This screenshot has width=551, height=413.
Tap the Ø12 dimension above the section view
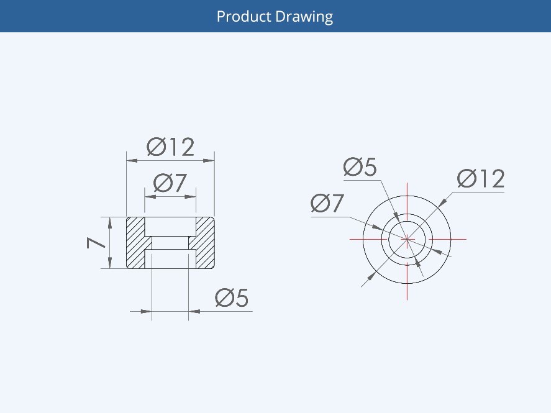coord(171,147)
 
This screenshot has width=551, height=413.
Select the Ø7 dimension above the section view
coord(170,183)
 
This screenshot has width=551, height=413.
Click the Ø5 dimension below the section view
coord(232,299)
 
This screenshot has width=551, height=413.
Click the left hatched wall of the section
coord(135,243)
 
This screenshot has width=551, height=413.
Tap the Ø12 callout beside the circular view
coord(481,179)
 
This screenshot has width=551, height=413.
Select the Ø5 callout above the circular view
coord(360,167)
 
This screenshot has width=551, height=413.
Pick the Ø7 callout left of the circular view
coord(328,203)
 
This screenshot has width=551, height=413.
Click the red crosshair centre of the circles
coord(407,238)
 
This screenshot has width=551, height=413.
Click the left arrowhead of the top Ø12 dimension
coord(131,160)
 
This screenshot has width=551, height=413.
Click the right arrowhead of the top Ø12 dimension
coord(210,160)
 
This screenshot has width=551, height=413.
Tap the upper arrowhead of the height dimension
coord(110,221)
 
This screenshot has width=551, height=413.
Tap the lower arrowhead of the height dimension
coord(110,265)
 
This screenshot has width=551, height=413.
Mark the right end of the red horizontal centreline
coord(465,238)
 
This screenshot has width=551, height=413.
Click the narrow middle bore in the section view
coord(170,243)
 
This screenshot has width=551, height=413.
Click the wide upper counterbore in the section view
coord(170,226)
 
